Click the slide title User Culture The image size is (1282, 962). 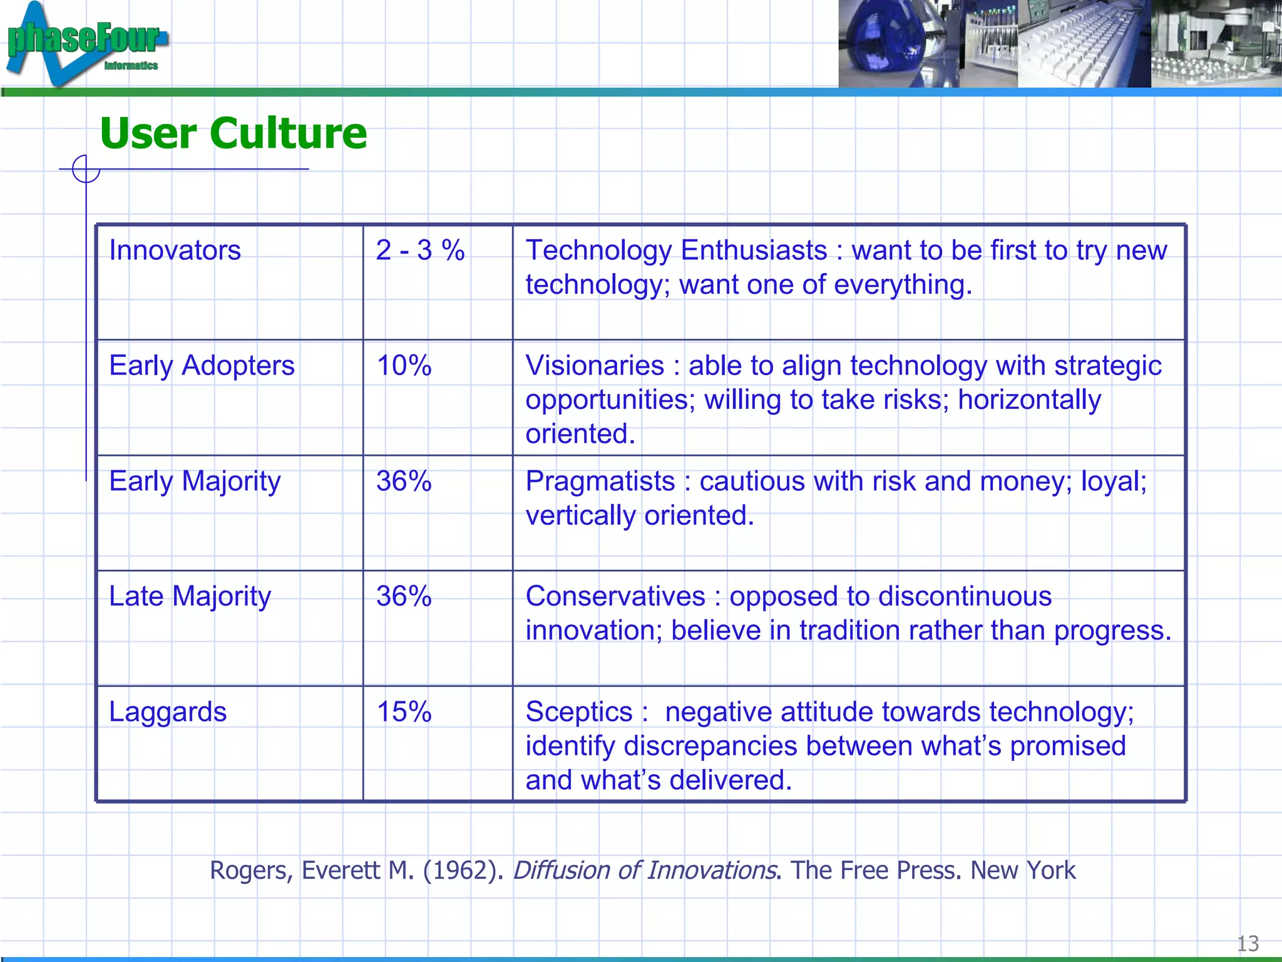coord(233,133)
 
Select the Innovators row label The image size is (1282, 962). coord(175,251)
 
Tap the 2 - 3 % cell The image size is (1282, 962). coord(420,251)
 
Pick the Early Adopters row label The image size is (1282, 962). coord(202,366)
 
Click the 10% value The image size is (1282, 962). coord(404,366)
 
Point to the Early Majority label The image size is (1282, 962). coord(195,482)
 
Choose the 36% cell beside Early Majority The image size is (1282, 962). coord(404,482)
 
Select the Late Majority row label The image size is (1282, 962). coord(190,597)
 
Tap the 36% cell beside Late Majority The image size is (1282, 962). coord(404,597)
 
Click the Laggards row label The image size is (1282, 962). coord(168,712)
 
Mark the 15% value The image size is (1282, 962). coord(404,712)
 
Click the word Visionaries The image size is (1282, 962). coord(595,366)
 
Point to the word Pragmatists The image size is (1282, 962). coord(600,482)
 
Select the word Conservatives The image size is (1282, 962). coord(615,597)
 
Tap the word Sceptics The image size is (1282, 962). coord(579,712)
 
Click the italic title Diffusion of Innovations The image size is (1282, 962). coord(645,871)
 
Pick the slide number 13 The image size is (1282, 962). coord(1248,943)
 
